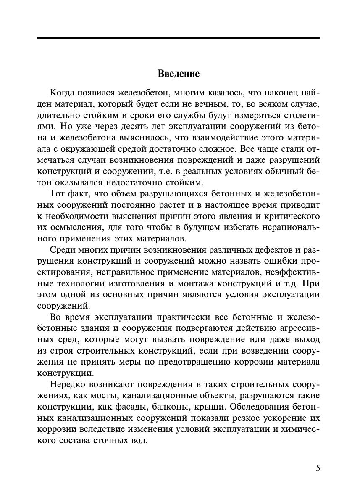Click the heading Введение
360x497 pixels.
pos(179,74)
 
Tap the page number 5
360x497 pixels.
pos(318,468)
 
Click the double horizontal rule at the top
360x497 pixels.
pos(179,39)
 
